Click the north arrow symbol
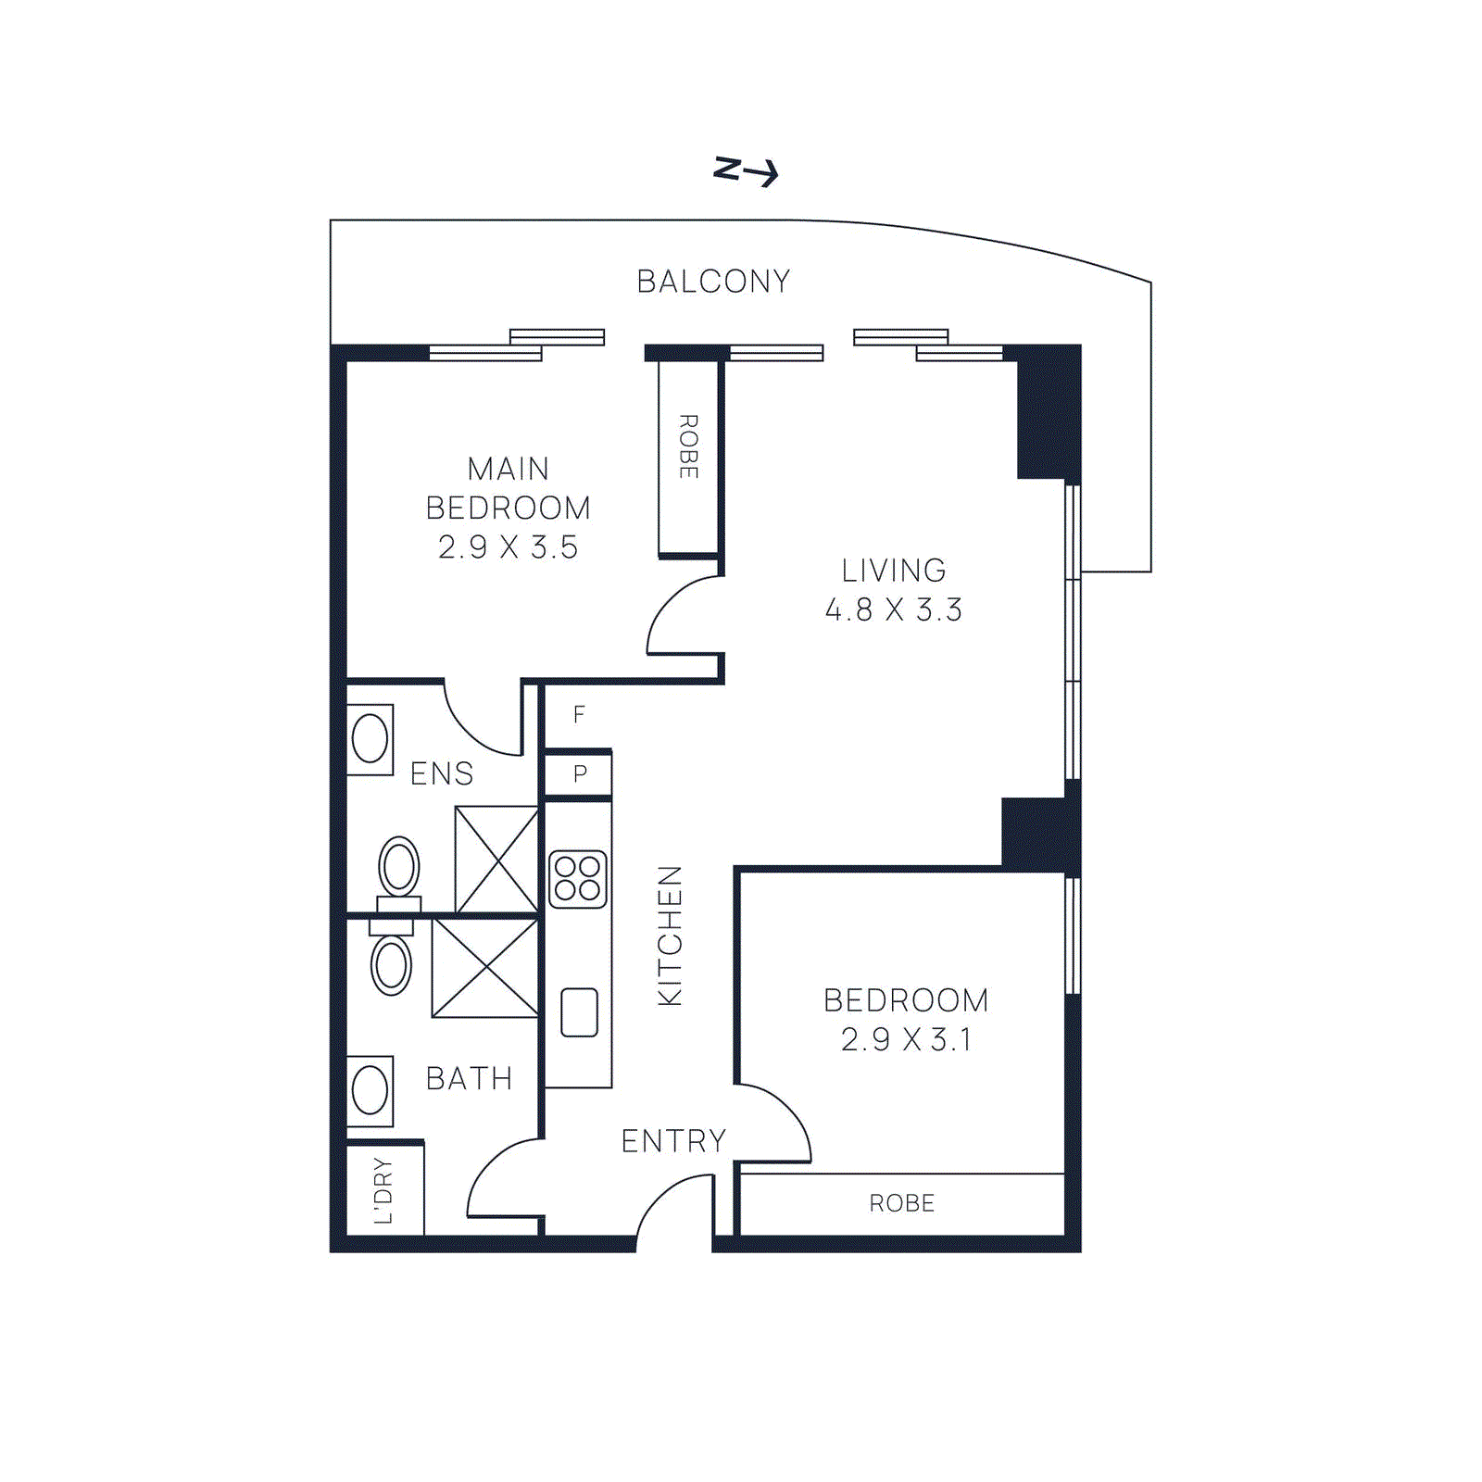pos(746,171)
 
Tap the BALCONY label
pos(713,282)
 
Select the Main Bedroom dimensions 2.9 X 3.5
pos(508,547)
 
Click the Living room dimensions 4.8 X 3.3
pos(894,609)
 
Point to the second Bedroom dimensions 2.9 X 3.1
pos(906,1039)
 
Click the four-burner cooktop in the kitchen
pos(578,879)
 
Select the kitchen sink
pos(579,1012)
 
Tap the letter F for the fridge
pos(579,714)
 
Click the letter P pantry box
pos(579,773)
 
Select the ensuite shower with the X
pos(496,859)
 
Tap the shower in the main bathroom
pos(485,968)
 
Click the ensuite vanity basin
pos(370,739)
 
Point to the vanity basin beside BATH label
pos(370,1090)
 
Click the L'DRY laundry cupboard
pos(384,1190)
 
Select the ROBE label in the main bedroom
pos(688,446)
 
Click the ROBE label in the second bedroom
pos(902,1203)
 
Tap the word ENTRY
pos(673,1141)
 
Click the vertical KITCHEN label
pos(669,936)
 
